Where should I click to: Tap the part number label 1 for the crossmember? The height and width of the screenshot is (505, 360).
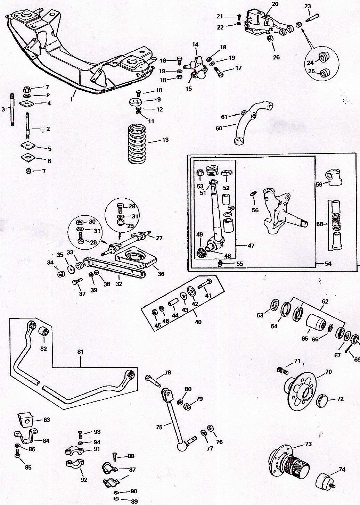[71, 99]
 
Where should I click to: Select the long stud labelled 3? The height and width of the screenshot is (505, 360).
[12, 110]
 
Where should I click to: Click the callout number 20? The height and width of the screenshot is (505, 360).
[275, 4]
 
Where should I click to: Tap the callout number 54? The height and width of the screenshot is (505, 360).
[328, 264]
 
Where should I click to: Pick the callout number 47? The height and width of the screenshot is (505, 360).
[251, 246]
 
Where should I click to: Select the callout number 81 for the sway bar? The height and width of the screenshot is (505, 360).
[81, 352]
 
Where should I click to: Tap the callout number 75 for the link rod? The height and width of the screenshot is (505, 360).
[159, 427]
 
